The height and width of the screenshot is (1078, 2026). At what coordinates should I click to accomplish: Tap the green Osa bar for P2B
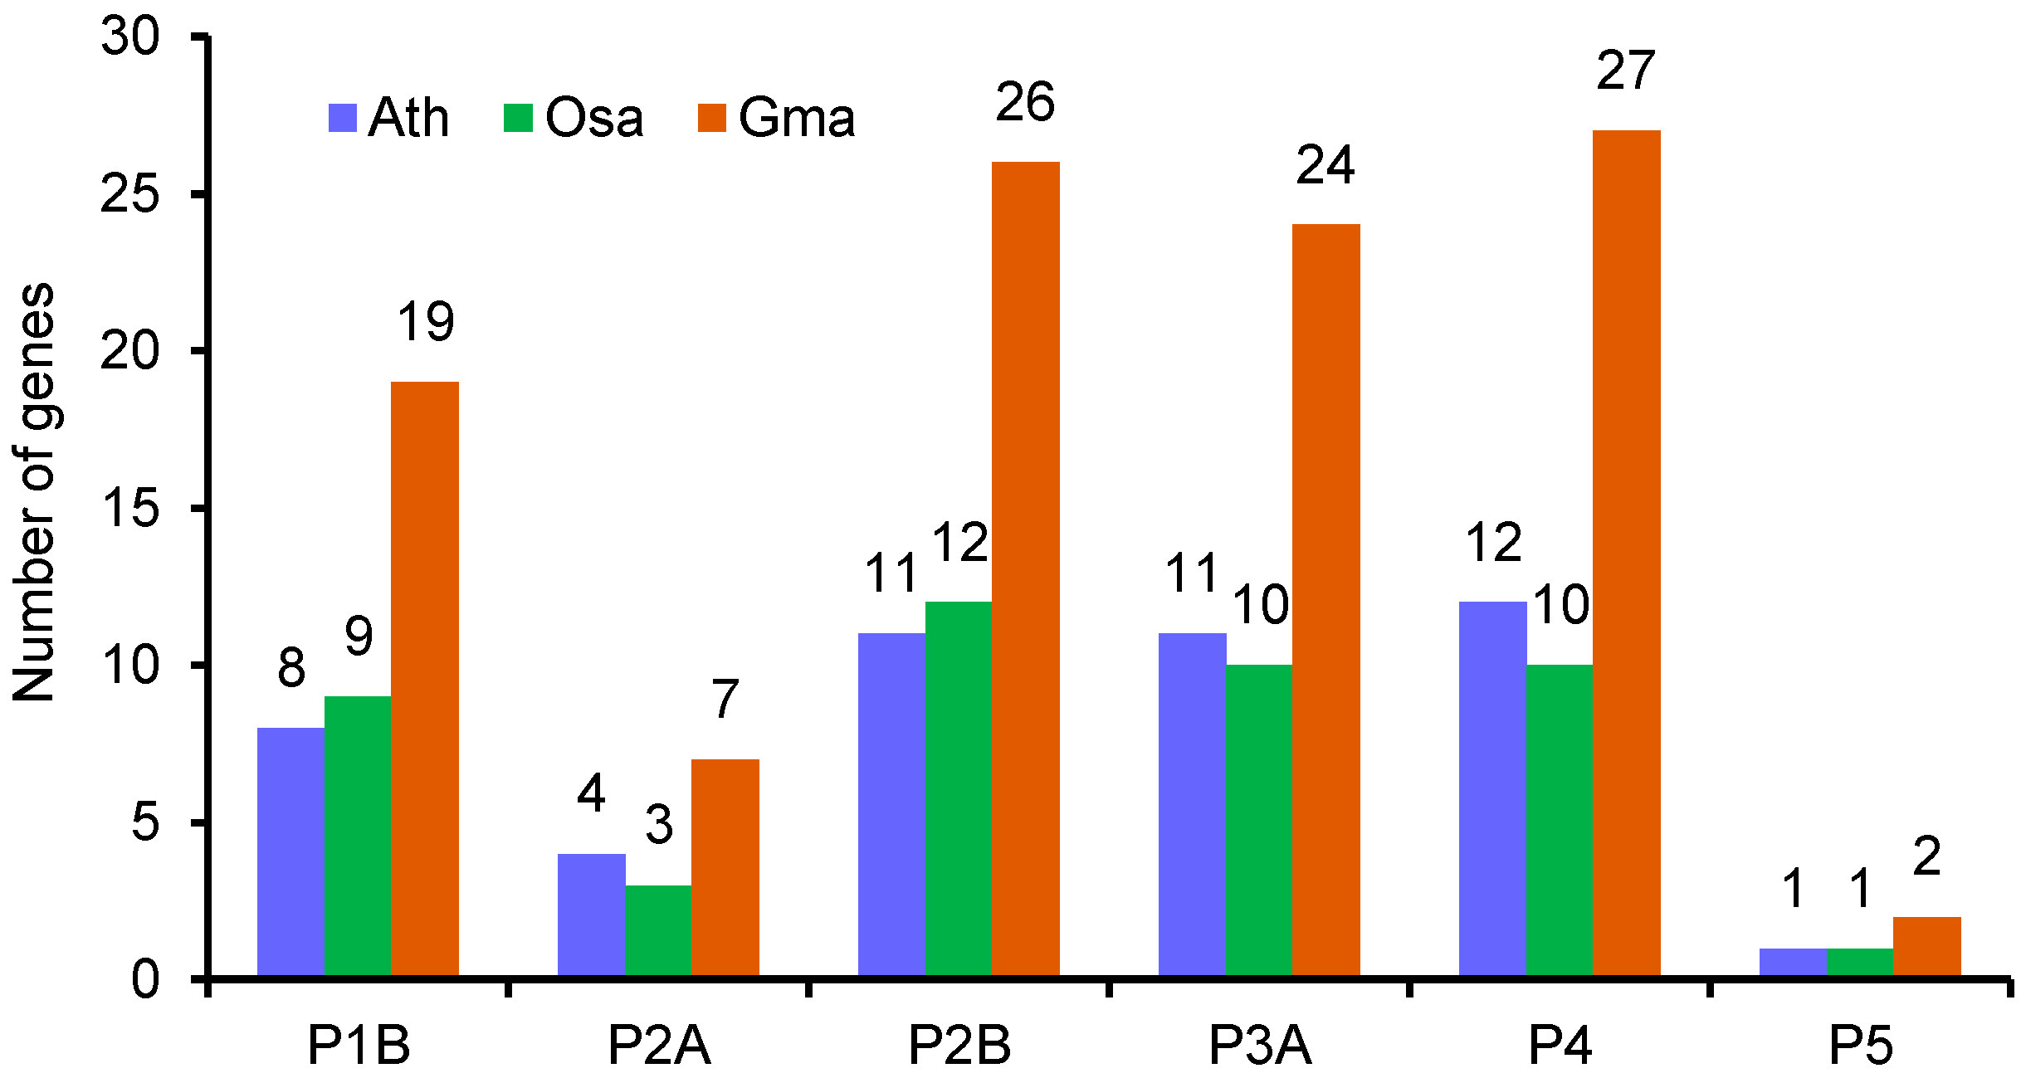(x=959, y=788)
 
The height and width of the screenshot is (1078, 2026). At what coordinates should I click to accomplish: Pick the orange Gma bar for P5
(x=1926, y=946)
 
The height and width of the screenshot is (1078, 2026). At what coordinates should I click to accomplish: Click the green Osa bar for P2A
(x=658, y=930)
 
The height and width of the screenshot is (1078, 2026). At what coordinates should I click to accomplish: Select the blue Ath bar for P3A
(x=1192, y=804)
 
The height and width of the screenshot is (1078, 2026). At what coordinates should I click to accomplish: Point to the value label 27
(x=1625, y=71)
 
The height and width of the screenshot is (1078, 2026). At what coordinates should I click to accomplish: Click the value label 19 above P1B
(x=425, y=322)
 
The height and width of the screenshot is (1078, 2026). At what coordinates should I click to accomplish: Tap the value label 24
(x=1325, y=165)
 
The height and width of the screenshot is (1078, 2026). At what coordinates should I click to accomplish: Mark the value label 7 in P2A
(x=725, y=699)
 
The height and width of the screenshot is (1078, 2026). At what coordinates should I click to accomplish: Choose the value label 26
(x=1024, y=102)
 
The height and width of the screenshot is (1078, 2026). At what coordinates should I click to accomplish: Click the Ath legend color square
(x=343, y=118)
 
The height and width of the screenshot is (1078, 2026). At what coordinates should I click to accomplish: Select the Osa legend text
(x=594, y=118)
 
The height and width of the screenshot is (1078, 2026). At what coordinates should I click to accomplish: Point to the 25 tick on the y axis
(x=129, y=195)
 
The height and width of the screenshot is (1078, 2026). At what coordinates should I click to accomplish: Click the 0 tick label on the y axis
(x=144, y=980)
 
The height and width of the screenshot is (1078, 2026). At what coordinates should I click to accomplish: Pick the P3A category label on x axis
(x=1259, y=1045)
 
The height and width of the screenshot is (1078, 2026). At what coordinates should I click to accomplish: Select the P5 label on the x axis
(x=1860, y=1045)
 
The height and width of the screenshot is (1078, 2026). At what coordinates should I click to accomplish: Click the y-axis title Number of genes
(x=33, y=492)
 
